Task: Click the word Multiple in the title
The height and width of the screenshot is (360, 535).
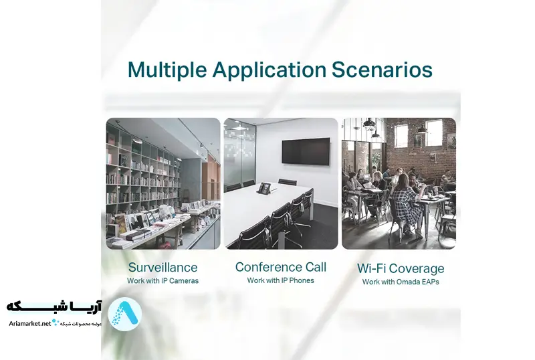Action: [x=167, y=70]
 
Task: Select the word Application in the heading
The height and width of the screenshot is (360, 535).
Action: [x=270, y=71]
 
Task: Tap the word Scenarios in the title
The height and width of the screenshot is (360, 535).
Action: [x=382, y=70]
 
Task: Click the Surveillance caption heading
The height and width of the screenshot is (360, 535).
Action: [x=163, y=268]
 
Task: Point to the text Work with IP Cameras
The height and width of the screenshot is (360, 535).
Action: [x=163, y=281]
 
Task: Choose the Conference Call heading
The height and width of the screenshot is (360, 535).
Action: [x=281, y=267]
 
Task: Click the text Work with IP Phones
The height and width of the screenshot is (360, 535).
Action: [x=280, y=280]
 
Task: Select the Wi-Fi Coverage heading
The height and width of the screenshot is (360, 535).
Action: [x=401, y=268]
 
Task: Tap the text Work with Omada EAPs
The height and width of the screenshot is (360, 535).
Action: [x=401, y=282]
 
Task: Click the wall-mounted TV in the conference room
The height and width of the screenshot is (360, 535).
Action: [x=306, y=151]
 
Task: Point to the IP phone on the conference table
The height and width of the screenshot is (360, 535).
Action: [x=263, y=188]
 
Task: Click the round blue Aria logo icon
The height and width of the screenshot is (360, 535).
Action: [x=124, y=314]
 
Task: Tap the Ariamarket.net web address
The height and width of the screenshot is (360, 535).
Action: [x=30, y=323]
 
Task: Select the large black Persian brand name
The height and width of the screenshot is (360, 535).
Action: [x=54, y=306]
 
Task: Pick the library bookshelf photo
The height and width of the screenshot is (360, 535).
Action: [x=163, y=183]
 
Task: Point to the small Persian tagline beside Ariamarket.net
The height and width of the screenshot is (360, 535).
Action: [x=80, y=323]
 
